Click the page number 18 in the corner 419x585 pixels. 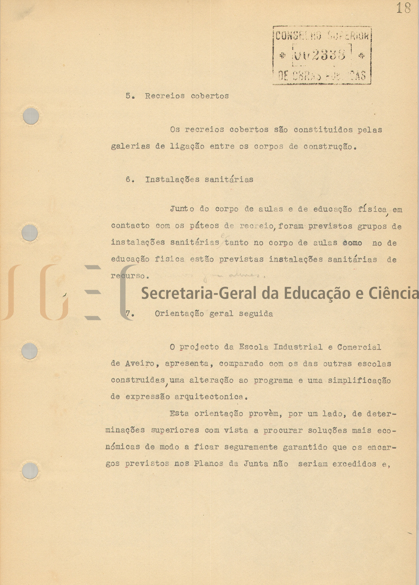(x=403, y=8)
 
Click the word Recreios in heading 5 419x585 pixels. (x=165, y=96)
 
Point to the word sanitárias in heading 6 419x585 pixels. (x=229, y=180)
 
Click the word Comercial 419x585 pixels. (x=359, y=347)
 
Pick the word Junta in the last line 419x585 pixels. (x=256, y=464)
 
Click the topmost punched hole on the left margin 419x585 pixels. (x=31, y=116)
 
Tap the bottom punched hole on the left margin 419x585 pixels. (x=30, y=471)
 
